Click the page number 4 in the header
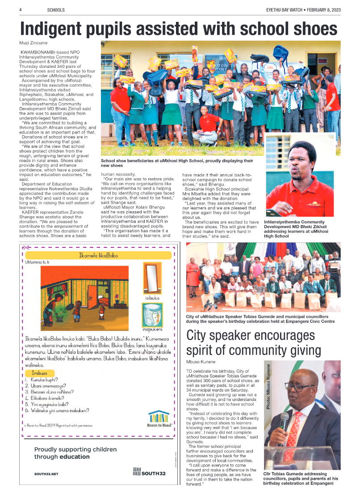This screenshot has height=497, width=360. point(21,9)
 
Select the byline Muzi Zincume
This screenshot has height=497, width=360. point(33,43)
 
